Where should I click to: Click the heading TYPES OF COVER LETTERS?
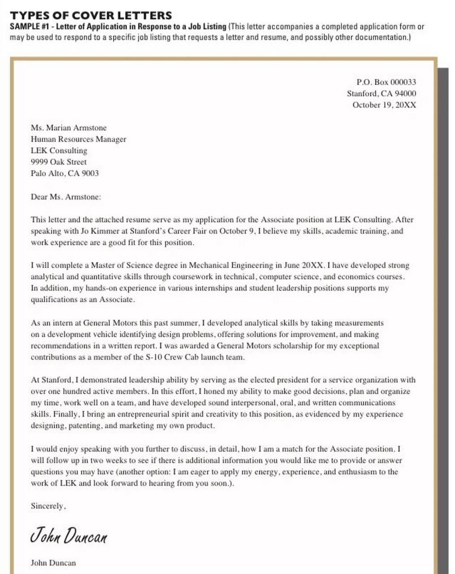91,15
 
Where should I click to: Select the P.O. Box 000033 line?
386,82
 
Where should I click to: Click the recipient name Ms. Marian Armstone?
69,128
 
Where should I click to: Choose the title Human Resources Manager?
78,139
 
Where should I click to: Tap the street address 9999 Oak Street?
59,162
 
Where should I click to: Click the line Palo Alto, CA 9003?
65,173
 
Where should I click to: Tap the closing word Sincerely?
48,506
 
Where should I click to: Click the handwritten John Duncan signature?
69,535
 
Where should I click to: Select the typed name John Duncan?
53,563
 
